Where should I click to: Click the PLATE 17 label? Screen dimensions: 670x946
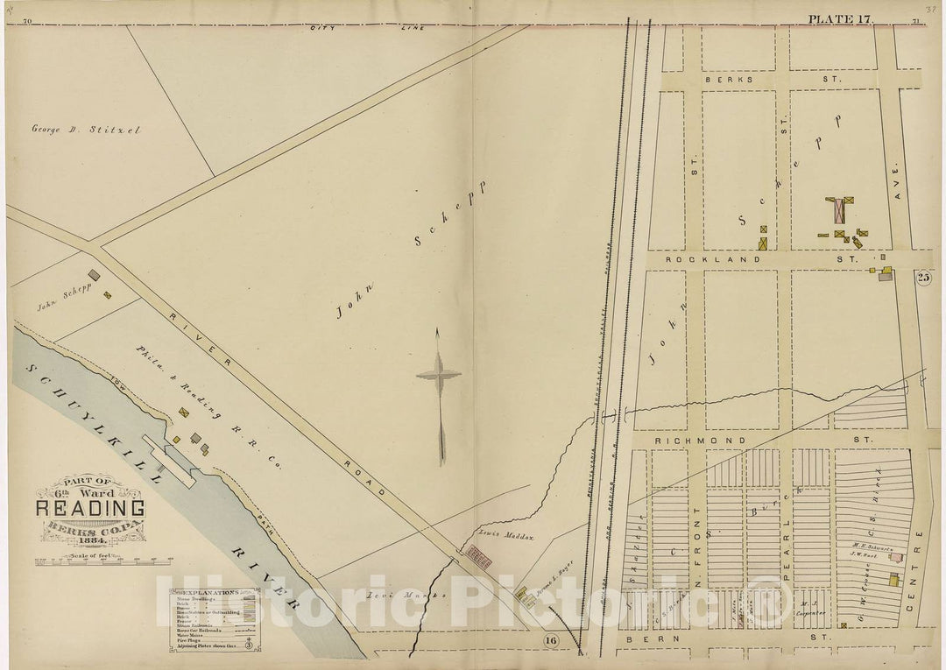[x=839, y=19]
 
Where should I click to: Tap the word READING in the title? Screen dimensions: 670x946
[x=90, y=507]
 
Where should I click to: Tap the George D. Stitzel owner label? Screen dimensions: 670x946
[x=86, y=130]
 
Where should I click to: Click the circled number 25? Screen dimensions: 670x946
[x=923, y=278]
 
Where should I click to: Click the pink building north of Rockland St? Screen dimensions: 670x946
[x=839, y=211]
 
